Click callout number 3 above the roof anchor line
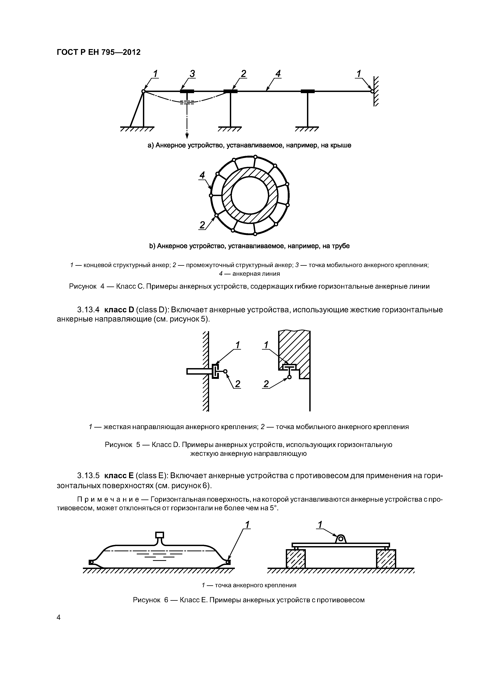pos(192,74)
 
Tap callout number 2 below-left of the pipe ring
pos(202,225)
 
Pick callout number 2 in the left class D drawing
pos(238,384)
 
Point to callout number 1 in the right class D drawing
pos(266,345)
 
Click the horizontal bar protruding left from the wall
pos(199,372)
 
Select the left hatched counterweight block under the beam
pos(296,559)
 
